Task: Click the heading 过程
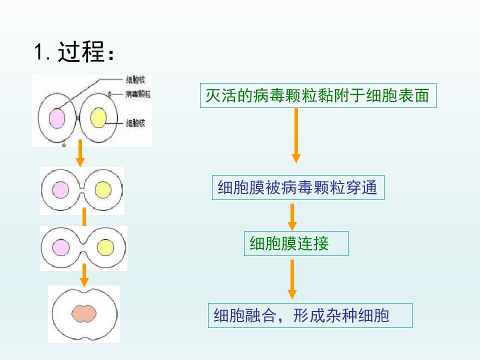[x=81, y=52]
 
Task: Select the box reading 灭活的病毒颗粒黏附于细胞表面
[x=318, y=95]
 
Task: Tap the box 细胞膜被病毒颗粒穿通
[x=298, y=187]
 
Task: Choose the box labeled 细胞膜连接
[x=296, y=243]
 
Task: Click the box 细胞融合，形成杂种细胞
[x=310, y=315]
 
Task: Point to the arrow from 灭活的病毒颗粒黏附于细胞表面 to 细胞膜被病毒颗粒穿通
[x=296, y=135]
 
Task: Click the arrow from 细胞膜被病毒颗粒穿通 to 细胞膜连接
[x=292, y=217]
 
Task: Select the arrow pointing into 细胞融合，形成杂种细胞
[x=292, y=279]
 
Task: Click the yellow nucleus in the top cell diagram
[x=98, y=117]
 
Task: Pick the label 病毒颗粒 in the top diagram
[x=138, y=94]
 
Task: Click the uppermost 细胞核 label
[x=135, y=80]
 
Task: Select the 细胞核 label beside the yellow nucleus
[x=135, y=123]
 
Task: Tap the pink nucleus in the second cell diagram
[x=60, y=190]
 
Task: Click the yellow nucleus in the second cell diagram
[x=103, y=190]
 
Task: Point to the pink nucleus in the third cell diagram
[x=61, y=247]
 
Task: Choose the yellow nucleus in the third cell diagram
[x=105, y=247]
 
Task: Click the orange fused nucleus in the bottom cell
[x=84, y=313]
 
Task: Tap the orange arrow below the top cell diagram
[x=80, y=153]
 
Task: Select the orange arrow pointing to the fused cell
[x=84, y=275]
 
